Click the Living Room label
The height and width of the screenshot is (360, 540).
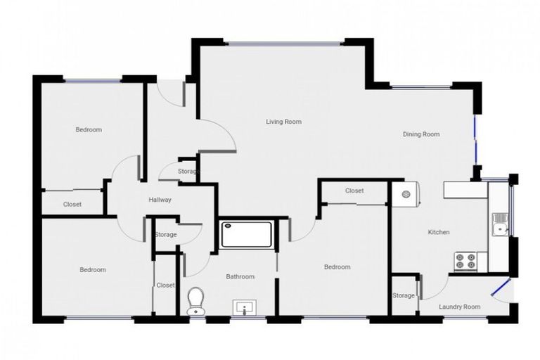coord(283,122)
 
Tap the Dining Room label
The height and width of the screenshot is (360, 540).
coord(421,134)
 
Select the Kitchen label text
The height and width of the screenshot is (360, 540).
coord(439,232)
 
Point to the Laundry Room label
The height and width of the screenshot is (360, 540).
coord(459,307)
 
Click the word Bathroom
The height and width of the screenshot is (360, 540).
coord(240,276)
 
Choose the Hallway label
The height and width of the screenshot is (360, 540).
coord(160,200)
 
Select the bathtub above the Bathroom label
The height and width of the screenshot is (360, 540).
coord(247,234)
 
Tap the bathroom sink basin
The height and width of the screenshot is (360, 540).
coord(245,307)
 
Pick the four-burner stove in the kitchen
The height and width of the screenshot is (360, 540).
coord(465,261)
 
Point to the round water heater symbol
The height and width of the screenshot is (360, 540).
coord(406,195)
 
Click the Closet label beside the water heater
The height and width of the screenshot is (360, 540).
coord(354,191)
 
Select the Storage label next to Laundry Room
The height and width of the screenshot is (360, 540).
coord(404,295)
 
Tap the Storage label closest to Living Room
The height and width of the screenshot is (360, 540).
coord(188,172)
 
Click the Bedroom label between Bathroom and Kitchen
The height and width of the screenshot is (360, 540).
coord(337,267)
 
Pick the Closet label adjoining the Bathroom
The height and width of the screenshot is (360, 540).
coord(166,285)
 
